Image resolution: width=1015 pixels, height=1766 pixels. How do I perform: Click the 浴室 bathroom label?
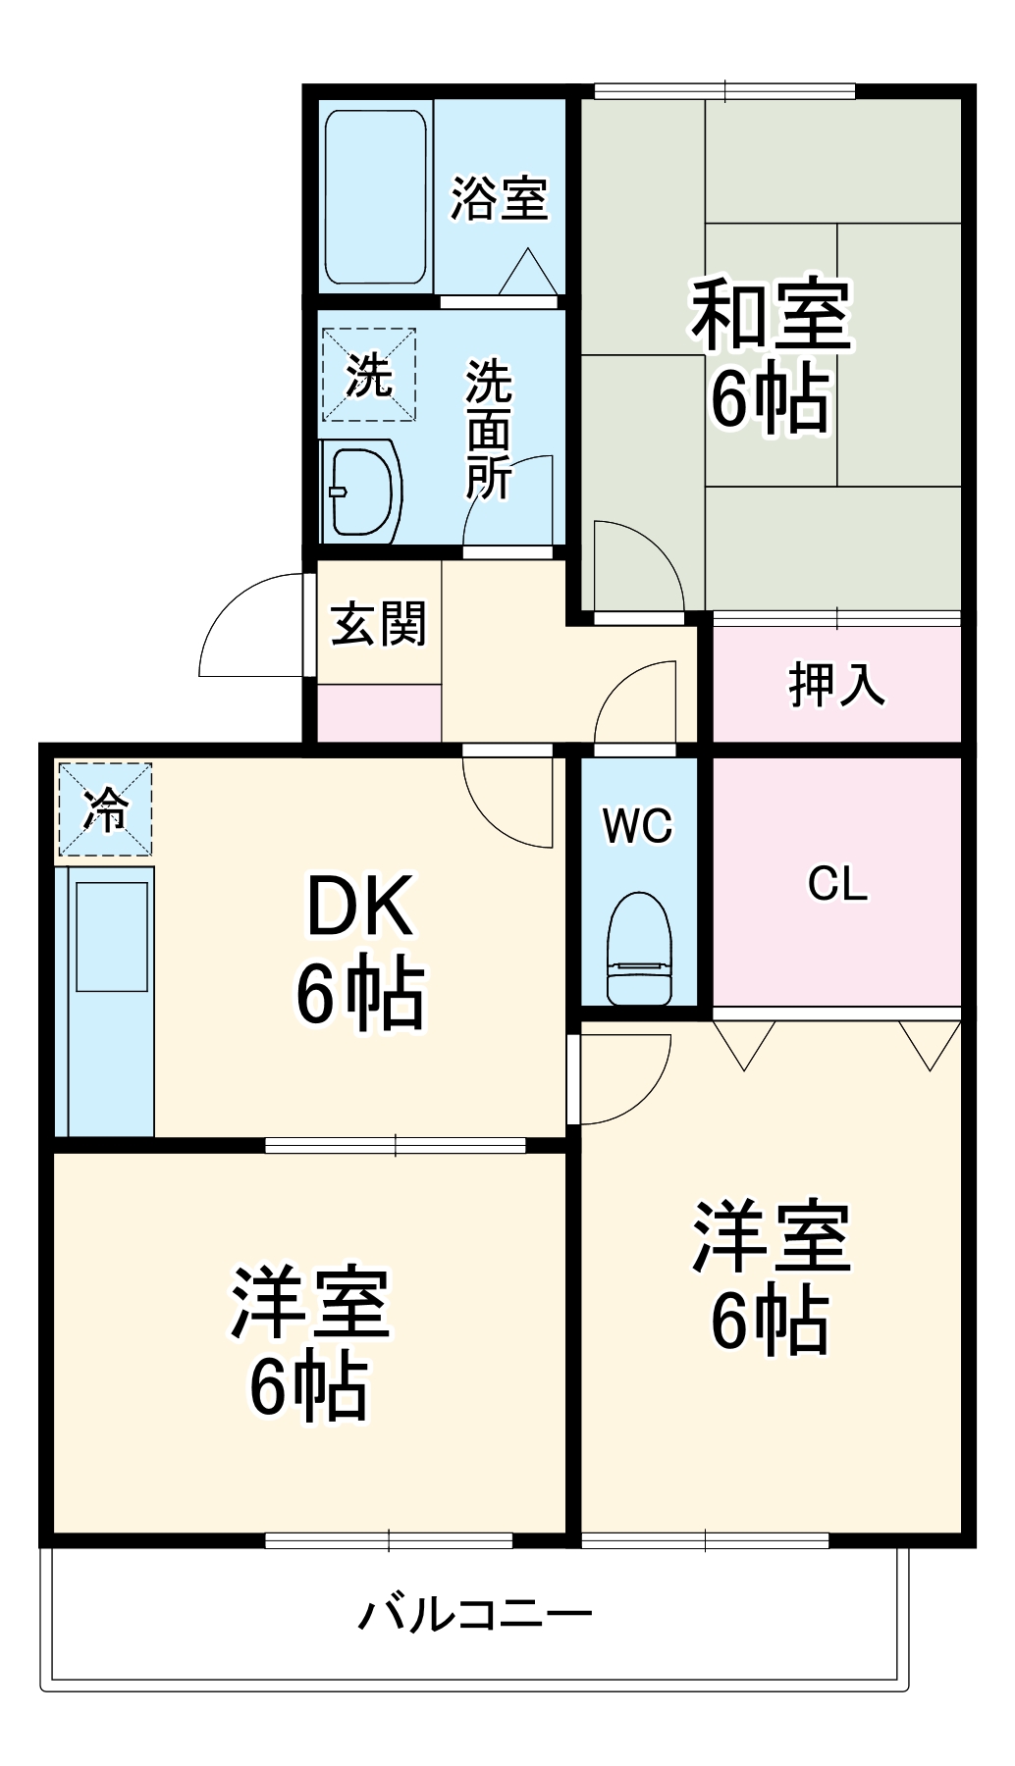pyautogui.click(x=499, y=198)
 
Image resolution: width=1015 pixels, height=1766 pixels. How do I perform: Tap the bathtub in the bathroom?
pyautogui.click(x=375, y=196)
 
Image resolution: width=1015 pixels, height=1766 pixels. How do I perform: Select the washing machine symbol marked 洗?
pyautogui.click(x=369, y=375)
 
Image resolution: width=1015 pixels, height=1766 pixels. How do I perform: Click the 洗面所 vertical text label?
pyautogui.click(x=488, y=430)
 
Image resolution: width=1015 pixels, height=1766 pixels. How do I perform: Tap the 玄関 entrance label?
pyautogui.click(x=379, y=624)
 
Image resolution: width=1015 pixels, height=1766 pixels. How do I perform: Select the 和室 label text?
pyautogui.click(x=771, y=316)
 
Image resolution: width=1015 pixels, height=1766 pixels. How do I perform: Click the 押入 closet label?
pyautogui.click(x=836, y=684)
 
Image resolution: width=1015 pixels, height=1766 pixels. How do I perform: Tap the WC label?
pyautogui.click(x=638, y=826)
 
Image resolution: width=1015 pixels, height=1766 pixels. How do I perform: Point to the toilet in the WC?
pyautogui.click(x=639, y=950)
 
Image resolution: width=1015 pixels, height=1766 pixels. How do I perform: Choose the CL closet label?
pyautogui.click(x=837, y=884)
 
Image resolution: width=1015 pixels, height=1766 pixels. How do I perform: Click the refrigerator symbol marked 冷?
pyautogui.click(x=105, y=809)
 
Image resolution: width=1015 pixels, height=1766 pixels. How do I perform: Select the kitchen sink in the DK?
pyautogui.click(x=112, y=936)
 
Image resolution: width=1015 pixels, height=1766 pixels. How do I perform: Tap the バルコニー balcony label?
pyautogui.click(x=475, y=1614)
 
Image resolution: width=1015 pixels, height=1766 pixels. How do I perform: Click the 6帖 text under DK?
pyautogui.click(x=360, y=994)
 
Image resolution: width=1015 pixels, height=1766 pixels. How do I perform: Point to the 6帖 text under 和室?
pyautogui.click(x=771, y=397)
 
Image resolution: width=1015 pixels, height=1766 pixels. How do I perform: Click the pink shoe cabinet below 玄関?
pyautogui.click(x=379, y=712)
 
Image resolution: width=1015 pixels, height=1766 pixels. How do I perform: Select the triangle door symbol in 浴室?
pyautogui.click(x=528, y=272)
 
